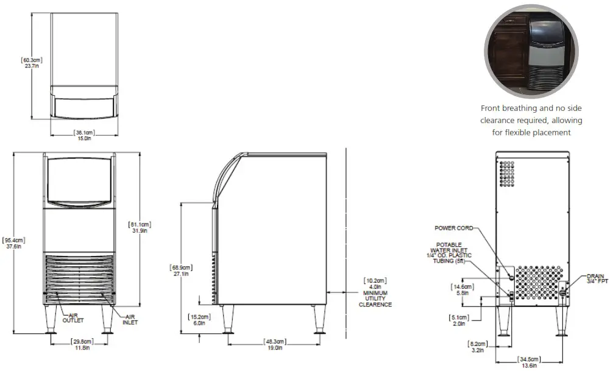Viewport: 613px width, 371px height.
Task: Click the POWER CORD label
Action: click(x=453, y=228)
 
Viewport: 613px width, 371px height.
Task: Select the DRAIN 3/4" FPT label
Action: click(x=595, y=278)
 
